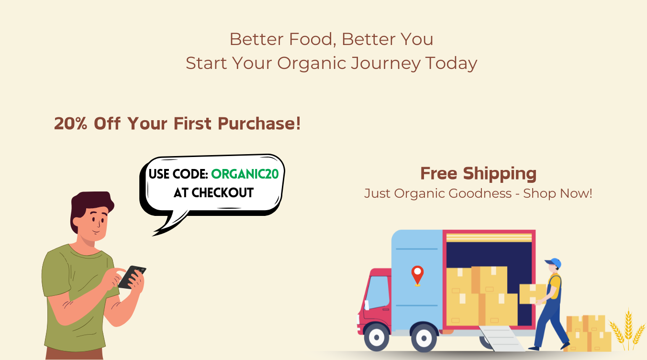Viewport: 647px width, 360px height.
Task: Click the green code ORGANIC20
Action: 245,174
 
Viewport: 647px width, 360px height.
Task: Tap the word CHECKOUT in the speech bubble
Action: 223,193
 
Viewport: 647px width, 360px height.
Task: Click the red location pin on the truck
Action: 417,276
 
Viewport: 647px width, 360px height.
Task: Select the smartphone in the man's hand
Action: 132,277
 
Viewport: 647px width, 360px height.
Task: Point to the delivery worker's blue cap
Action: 554,262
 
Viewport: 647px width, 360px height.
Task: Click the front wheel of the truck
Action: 376,337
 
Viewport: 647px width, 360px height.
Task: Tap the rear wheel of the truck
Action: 424,338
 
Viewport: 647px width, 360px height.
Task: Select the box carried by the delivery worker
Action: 532,294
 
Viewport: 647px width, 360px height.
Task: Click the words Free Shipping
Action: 479,173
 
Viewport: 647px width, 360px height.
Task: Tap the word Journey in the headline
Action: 386,64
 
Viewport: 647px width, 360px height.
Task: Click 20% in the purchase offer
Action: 70,124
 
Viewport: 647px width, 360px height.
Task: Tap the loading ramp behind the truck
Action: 502,338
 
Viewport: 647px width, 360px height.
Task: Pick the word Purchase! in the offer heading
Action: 259,124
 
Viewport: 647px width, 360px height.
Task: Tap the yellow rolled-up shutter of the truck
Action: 489,238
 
